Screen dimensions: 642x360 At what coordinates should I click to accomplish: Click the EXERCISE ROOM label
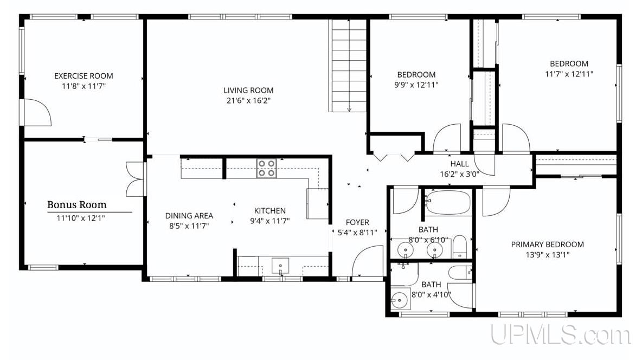coord(84,76)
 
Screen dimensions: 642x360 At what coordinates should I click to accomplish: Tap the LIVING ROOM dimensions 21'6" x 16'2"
coord(248,100)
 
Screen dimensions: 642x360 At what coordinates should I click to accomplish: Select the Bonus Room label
coord(77,204)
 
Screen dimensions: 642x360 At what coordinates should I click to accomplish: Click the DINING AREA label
coord(189,215)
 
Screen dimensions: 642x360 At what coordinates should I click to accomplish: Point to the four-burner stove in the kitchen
coord(266,168)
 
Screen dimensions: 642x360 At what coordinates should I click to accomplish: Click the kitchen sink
coord(280,266)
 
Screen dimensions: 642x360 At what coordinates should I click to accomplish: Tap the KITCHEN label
coord(270,210)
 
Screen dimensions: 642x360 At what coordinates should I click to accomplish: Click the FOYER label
coord(357,222)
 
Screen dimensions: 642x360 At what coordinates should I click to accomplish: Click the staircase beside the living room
coord(348,66)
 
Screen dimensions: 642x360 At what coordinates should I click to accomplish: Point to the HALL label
coord(459,164)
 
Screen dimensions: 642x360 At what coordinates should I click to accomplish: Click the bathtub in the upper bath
coord(447,202)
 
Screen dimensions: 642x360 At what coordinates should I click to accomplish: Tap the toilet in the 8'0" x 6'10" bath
coord(459,247)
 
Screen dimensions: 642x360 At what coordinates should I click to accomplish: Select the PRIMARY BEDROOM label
coord(548,245)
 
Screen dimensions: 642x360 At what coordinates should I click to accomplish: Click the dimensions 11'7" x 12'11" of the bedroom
coord(569,74)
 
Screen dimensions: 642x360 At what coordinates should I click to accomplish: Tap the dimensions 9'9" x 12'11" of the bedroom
coord(416,85)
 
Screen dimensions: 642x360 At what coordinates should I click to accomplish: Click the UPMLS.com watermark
coord(561,335)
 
